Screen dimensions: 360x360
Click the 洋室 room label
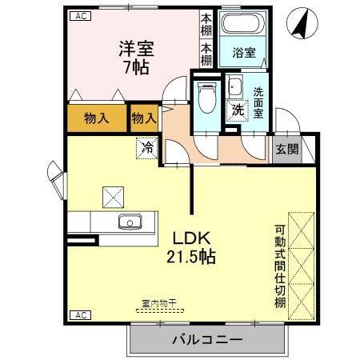click(x=132, y=49)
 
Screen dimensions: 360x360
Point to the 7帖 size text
click(x=132, y=67)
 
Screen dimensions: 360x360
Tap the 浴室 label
click(x=244, y=54)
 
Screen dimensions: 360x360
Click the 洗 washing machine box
click(x=238, y=110)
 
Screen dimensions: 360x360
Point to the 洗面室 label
click(x=258, y=103)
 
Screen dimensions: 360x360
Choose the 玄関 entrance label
click(x=287, y=148)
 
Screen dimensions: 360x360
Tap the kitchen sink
click(x=128, y=222)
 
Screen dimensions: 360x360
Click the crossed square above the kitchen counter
click(x=112, y=195)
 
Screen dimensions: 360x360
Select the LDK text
click(x=191, y=238)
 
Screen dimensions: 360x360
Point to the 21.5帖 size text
click(x=191, y=257)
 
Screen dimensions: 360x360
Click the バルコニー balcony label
click(x=206, y=340)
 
